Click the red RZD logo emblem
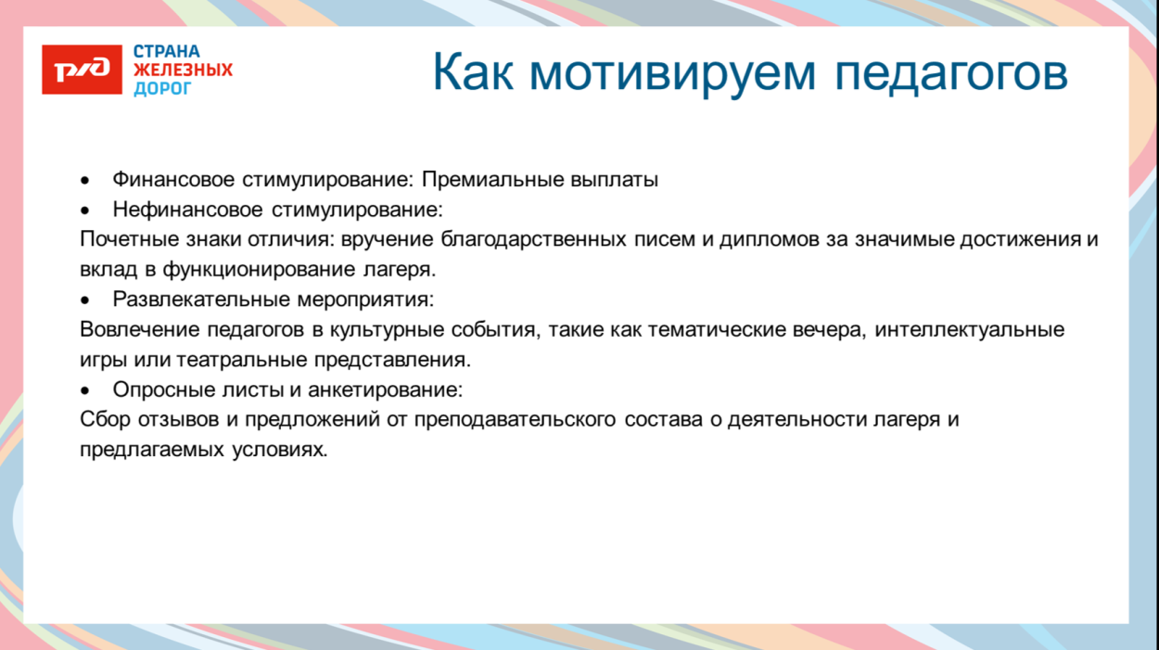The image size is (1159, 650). tap(82, 70)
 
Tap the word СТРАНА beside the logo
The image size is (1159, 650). tap(167, 52)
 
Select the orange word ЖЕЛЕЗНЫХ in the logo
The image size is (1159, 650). tap(183, 70)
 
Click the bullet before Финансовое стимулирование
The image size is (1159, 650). tap(85, 181)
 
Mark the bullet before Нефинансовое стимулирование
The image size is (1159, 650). tap(85, 210)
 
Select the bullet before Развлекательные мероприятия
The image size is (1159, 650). tap(85, 300)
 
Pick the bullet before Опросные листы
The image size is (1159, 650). tap(85, 390)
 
